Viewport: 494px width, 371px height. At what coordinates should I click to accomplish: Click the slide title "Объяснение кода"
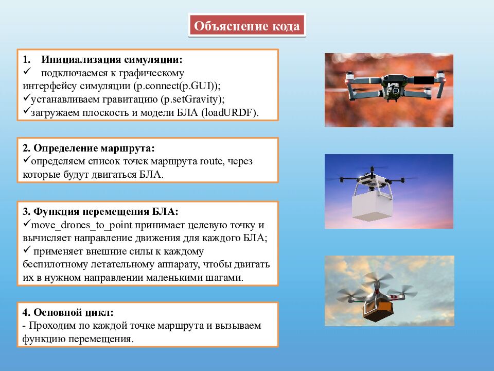coord(247,26)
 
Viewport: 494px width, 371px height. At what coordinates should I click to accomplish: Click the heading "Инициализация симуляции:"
coord(112,60)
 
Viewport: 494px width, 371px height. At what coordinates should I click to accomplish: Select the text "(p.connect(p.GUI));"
coord(177,86)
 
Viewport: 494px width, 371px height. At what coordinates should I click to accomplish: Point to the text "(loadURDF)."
coord(231,112)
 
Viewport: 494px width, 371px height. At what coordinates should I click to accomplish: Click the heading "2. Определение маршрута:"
coord(89,148)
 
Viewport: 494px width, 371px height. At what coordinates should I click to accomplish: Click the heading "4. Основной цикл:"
coord(68,313)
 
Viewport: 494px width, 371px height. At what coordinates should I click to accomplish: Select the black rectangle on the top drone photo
coord(422,80)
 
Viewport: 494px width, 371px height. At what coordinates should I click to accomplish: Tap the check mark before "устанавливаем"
coord(27,98)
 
